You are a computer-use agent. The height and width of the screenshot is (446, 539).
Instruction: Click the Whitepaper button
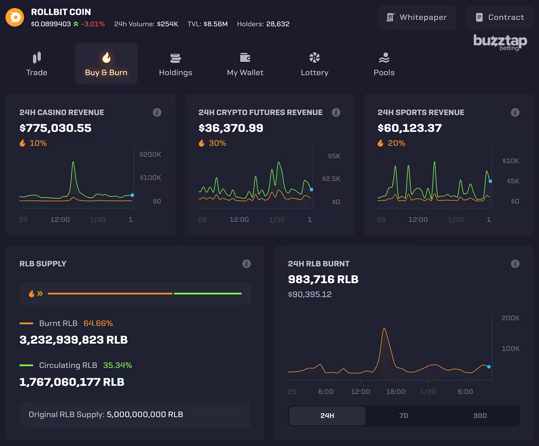[x=417, y=17]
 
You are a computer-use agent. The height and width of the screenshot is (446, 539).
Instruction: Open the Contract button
[x=500, y=17]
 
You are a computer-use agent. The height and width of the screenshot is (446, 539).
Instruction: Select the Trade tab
[x=37, y=64]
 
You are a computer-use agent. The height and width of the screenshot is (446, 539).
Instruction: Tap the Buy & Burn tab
[x=106, y=64]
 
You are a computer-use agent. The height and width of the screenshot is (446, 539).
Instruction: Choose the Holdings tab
[x=175, y=64]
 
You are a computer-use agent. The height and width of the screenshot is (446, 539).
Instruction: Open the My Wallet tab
[x=245, y=64]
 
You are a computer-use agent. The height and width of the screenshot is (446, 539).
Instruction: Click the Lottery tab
[x=314, y=64]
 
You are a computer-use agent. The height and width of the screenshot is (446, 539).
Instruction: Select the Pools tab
[x=384, y=64]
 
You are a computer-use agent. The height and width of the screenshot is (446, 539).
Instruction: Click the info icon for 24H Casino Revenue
[x=157, y=113]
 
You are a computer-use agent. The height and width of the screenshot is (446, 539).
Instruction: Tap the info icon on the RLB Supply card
[x=246, y=264]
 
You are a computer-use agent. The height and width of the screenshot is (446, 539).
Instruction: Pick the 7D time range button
[x=403, y=416]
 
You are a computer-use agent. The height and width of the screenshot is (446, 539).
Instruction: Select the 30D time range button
[x=480, y=416]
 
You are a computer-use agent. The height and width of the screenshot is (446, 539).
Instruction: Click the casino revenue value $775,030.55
[x=56, y=128]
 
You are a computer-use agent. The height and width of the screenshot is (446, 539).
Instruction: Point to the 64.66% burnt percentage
[x=98, y=324]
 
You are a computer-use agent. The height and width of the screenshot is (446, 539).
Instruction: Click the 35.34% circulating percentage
[x=118, y=365]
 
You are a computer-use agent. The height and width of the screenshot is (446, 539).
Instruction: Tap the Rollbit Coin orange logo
[x=15, y=17]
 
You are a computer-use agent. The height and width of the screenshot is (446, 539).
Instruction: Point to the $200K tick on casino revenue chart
[x=150, y=155]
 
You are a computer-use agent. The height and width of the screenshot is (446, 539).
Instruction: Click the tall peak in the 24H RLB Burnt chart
[x=384, y=329]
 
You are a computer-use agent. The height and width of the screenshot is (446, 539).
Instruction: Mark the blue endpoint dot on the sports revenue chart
[x=490, y=181]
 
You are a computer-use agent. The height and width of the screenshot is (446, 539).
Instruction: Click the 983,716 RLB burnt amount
[x=323, y=280]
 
